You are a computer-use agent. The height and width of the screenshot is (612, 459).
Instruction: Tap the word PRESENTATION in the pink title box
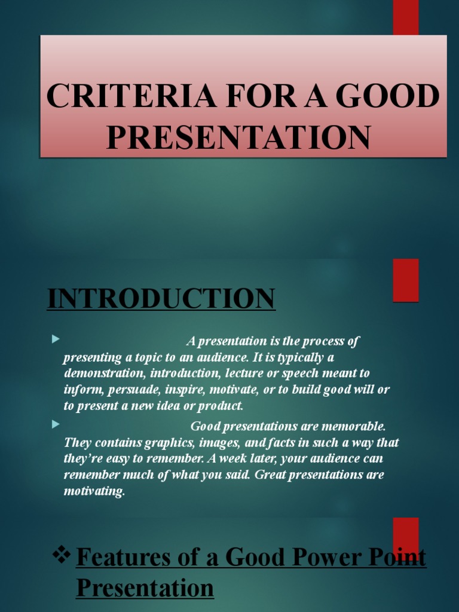coord(238,136)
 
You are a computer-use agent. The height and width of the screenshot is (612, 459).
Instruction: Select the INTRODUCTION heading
coord(161,298)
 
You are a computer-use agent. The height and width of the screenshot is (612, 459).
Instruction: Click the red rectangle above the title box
coord(405,17)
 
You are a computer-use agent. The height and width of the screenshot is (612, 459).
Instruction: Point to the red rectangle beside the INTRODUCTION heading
coord(405,280)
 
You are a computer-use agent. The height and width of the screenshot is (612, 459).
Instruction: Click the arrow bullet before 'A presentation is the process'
coord(56,339)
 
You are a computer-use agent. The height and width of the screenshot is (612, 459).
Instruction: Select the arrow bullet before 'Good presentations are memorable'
coord(56,424)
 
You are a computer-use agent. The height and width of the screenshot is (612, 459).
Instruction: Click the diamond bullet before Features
coord(62,556)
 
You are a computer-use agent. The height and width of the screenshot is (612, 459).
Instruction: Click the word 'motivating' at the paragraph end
coord(94,491)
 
